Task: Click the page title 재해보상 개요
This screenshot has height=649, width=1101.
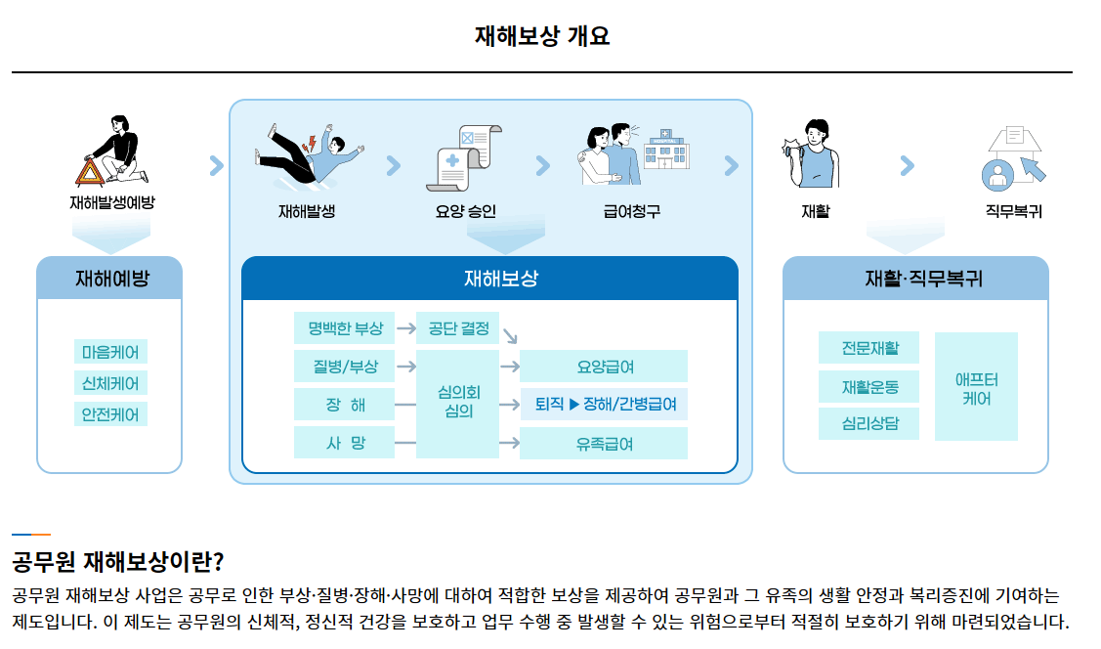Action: click(542, 36)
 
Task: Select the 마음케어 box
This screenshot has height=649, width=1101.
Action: click(110, 352)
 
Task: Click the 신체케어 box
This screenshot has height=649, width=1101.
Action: click(110, 383)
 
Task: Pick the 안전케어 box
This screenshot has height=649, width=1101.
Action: click(110, 414)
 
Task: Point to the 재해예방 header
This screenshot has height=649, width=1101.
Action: click(110, 279)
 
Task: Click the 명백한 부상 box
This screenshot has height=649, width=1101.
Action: click(344, 328)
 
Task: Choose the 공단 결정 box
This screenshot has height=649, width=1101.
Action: click(458, 328)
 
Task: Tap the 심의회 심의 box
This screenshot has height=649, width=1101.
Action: click(457, 403)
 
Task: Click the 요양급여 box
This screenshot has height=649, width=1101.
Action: click(604, 367)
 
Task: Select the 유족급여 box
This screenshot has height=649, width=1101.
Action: click(604, 443)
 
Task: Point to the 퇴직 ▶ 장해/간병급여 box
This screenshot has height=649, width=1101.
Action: click(604, 404)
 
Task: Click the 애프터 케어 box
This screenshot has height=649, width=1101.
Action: click(976, 387)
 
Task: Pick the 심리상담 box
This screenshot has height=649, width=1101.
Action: click(868, 424)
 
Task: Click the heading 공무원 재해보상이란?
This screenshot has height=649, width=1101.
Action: click(118, 562)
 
